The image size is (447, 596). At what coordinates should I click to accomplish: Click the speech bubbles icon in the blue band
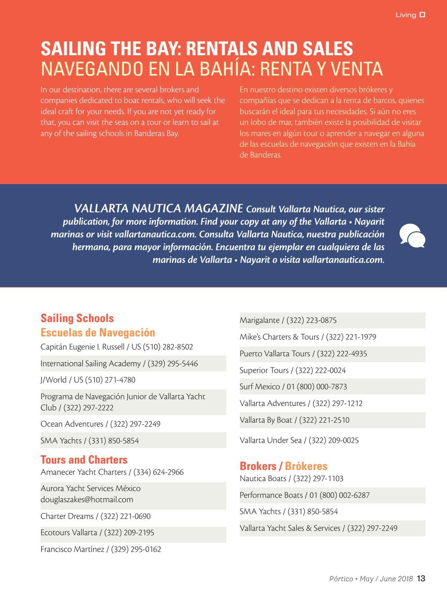[412, 236]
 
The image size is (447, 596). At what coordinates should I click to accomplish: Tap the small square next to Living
[422, 15]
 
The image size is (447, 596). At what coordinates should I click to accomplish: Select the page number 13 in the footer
[421, 579]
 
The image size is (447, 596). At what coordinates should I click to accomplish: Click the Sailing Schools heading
[77, 318]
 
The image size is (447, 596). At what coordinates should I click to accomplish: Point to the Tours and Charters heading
[84, 460]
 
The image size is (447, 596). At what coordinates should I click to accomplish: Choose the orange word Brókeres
[306, 466]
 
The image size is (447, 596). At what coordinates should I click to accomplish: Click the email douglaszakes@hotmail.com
[87, 499]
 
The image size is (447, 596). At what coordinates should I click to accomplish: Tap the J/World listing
[88, 380]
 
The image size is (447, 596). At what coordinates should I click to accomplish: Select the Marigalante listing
[288, 320]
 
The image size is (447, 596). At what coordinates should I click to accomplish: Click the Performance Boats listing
[304, 495]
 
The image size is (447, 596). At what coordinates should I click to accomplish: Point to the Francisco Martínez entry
[101, 549]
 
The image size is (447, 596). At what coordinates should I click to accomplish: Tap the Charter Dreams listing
[95, 516]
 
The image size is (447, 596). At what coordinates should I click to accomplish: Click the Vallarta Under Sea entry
[299, 440]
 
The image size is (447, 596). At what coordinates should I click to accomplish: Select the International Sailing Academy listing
[119, 363]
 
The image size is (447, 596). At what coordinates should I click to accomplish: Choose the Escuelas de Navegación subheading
[98, 332]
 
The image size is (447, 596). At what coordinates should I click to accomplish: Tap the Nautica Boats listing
[291, 478]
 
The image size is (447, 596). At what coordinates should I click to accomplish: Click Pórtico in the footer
[341, 579]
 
